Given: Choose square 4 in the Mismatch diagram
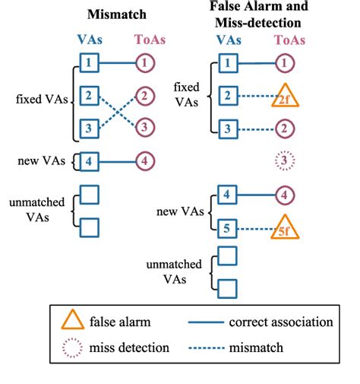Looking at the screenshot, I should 90,160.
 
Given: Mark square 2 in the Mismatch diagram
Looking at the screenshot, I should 90,97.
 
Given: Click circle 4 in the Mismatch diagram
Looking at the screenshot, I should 144,160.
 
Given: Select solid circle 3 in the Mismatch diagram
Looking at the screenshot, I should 144,129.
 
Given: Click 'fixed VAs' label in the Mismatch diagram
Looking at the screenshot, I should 39,97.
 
